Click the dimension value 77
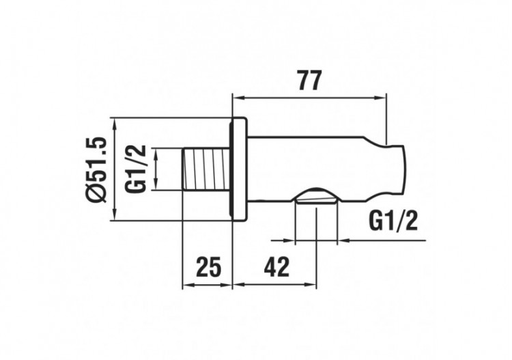tap(309, 81)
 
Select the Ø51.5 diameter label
tap(97, 169)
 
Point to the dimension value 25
tap(208, 266)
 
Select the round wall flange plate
tap(240, 169)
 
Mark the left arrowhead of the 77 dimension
tap(238, 97)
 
